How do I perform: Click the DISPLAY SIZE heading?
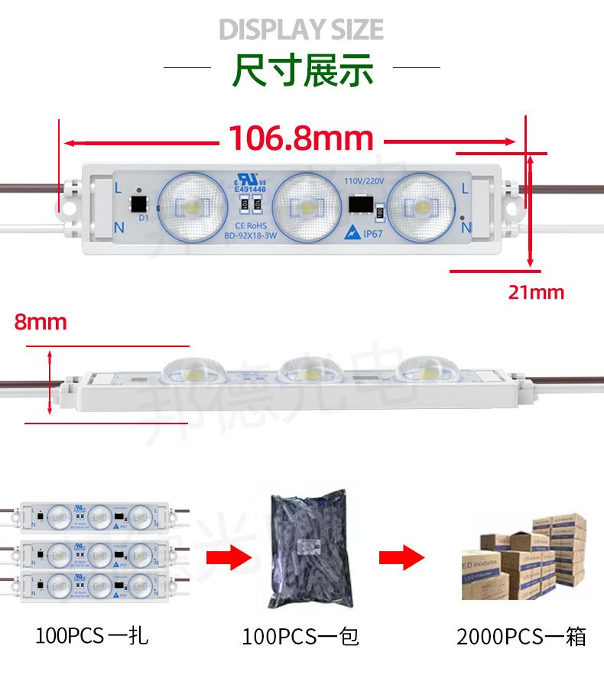[301, 30]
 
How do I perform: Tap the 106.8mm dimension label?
[301, 138]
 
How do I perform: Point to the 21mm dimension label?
[536, 292]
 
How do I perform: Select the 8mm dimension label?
[41, 322]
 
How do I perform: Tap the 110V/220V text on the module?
[363, 181]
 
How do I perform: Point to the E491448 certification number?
[250, 189]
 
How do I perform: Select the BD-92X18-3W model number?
[250, 235]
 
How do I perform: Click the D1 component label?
[143, 217]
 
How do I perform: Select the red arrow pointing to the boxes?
[402, 557]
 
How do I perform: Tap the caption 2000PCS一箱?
[521, 636]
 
